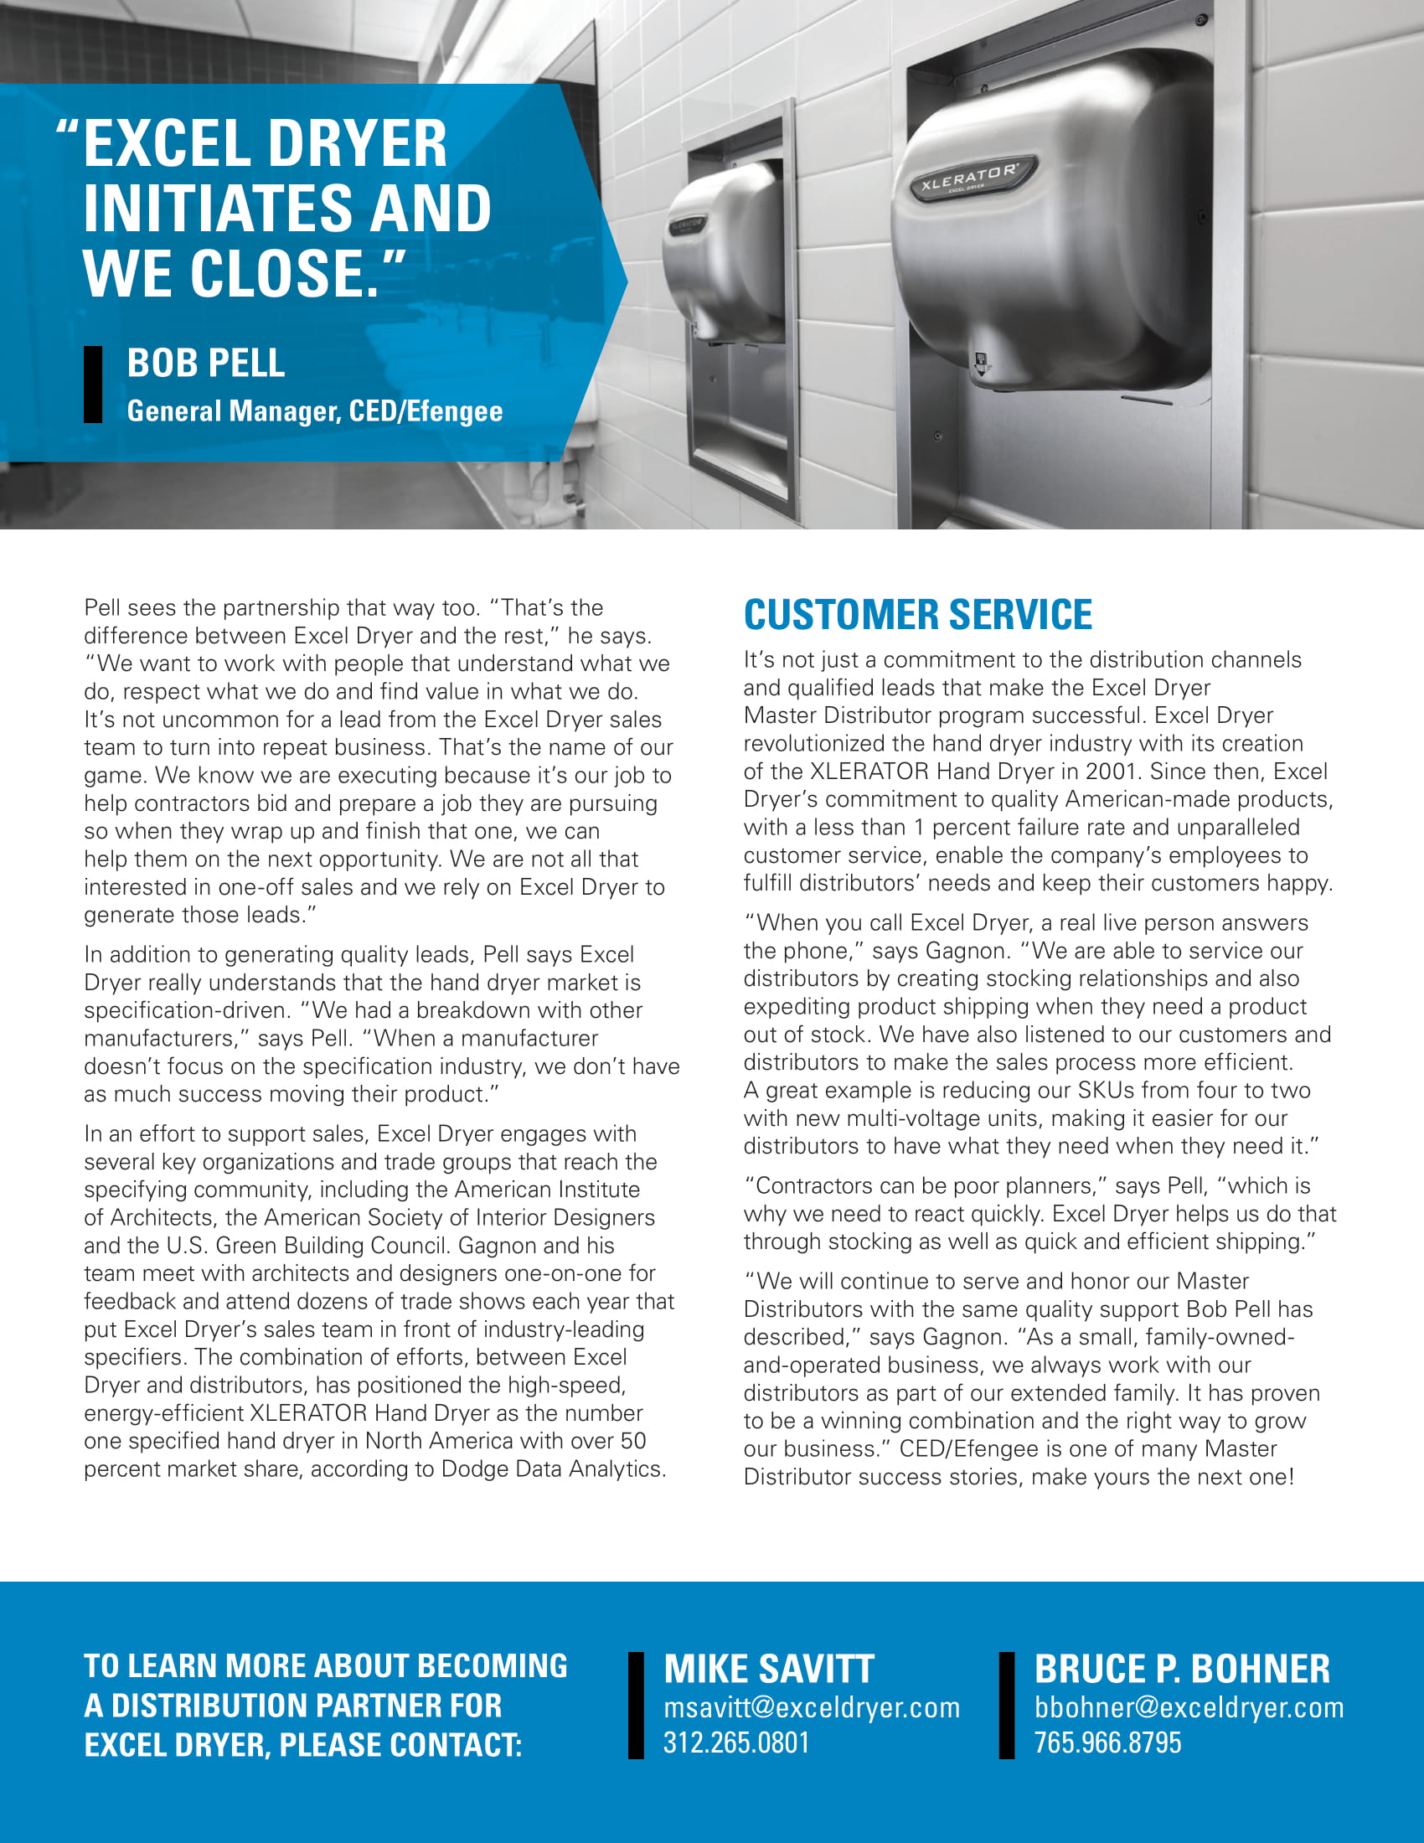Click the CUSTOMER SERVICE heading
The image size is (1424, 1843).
coord(917,614)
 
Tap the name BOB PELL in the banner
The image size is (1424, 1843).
coord(206,364)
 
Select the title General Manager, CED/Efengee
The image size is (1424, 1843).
coord(315,411)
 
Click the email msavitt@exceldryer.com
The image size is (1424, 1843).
coord(812,1708)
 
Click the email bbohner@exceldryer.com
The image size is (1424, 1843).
coord(1189,1708)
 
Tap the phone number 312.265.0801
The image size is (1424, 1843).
coord(735,1742)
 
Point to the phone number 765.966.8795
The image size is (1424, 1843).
coord(1107,1742)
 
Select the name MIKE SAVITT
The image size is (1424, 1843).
coord(768,1669)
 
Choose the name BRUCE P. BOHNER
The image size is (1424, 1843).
coord(1182,1669)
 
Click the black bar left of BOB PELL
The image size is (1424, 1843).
coord(93,384)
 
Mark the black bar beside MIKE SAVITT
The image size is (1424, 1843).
coord(636,1706)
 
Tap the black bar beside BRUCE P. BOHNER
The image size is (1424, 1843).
coord(1006,1706)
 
